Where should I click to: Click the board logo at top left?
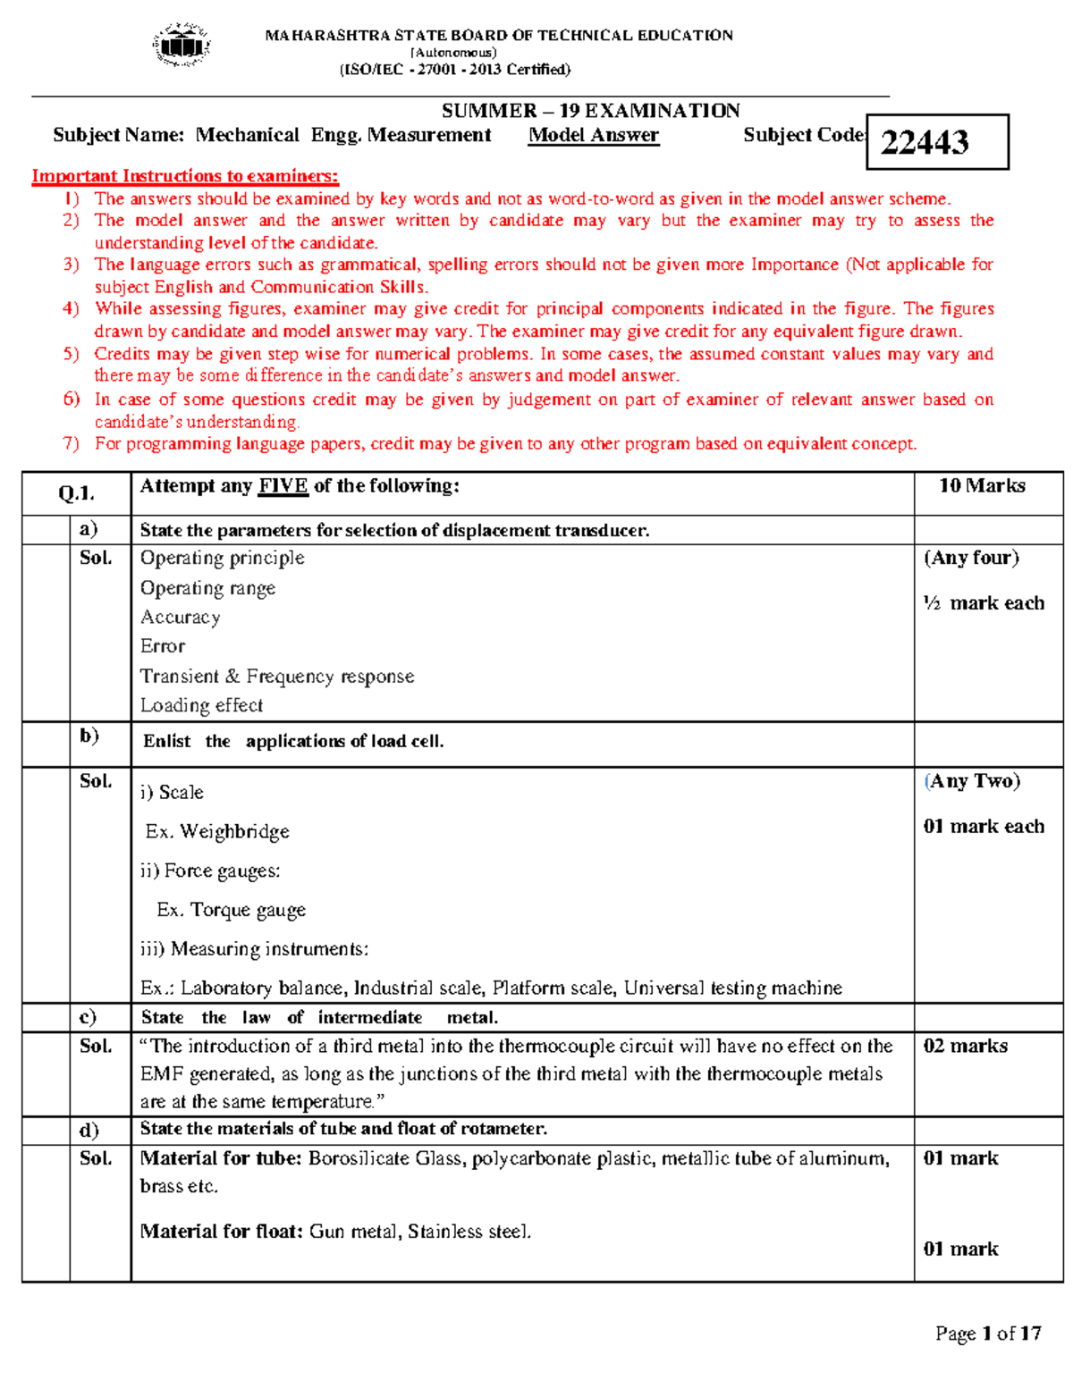click(182, 45)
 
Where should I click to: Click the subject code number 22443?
click(925, 142)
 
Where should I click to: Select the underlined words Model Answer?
click(593, 135)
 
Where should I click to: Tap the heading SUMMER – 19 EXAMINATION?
click(590, 111)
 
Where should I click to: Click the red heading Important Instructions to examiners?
click(185, 176)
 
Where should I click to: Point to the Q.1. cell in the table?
click(76, 493)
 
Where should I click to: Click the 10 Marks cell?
click(981, 486)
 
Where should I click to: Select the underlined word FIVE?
click(283, 486)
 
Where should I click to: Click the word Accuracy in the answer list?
click(180, 618)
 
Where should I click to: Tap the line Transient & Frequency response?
click(277, 677)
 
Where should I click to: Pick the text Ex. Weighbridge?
click(217, 832)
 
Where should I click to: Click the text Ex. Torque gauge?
click(231, 910)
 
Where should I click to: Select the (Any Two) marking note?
click(972, 781)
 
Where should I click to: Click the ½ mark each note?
click(984, 603)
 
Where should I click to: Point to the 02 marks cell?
click(965, 1046)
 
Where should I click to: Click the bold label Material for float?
click(222, 1232)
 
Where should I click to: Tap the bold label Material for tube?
click(221, 1158)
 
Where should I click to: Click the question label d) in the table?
click(89, 1130)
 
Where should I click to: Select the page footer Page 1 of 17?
click(988, 1333)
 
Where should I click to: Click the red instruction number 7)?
click(72, 444)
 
